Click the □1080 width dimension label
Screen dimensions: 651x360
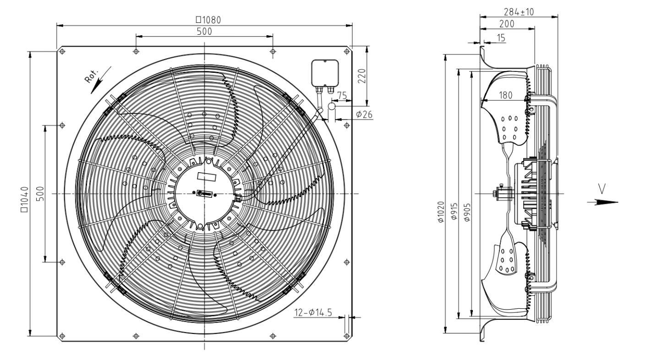pos(208,20)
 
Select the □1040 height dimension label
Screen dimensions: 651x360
pos(24,199)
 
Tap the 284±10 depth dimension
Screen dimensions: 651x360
pos(519,11)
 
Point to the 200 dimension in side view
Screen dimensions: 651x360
pos(507,24)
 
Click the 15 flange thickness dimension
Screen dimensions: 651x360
pos(501,38)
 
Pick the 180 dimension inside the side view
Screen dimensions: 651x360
pos(505,95)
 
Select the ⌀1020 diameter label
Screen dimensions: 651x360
pos(441,212)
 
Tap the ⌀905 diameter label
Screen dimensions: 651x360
pos(467,213)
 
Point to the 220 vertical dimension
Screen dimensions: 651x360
pos(362,76)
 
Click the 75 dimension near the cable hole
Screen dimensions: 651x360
pos(342,95)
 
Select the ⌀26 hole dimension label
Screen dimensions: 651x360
pos(364,115)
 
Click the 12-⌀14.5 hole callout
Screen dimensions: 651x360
pos(313,313)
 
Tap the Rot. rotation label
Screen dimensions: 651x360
pos(92,76)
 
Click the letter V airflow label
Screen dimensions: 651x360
pos(602,189)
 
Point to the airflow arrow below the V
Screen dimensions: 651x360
pos(602,202)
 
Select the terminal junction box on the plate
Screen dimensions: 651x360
pos(325,73)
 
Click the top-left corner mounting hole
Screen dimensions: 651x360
pos(62,52)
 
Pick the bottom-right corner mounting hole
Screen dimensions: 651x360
pos(347,336)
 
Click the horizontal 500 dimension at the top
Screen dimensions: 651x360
pos(205,32)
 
